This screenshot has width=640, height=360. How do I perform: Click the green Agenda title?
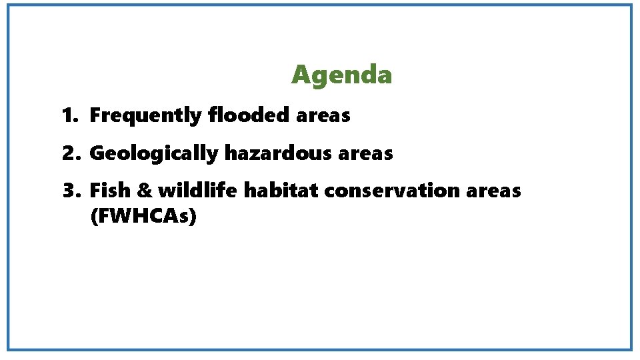(341, 75)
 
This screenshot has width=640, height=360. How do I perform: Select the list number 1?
(68, 116)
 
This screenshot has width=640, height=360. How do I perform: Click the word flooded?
(248, 115)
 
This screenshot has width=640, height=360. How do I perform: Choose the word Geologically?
(154, 154)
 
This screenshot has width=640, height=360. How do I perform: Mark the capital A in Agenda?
(301, 75)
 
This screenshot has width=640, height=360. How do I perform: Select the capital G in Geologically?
(97, 153)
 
